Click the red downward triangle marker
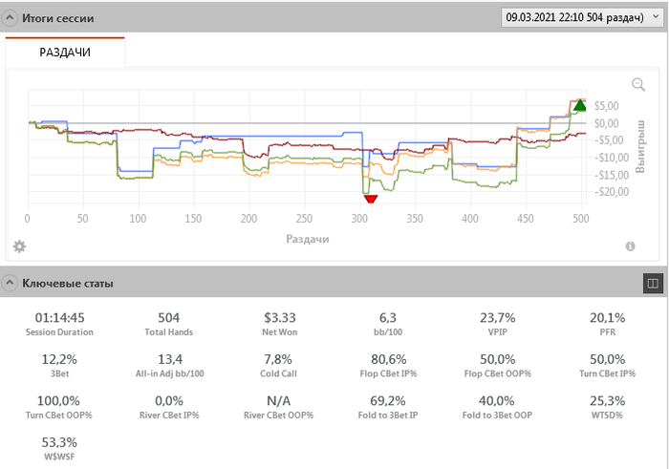point(371,198)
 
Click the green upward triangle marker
point(579,104)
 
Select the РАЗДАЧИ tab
point(65,53)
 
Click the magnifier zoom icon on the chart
point(638,84)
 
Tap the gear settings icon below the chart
point(19,246)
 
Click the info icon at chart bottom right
point(631,246)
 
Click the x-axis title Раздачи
point(307,239)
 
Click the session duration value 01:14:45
point(59,317)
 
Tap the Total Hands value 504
point(168,317)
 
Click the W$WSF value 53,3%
point(59,442)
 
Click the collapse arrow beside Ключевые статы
point(10,283)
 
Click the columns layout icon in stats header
point(654,283)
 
